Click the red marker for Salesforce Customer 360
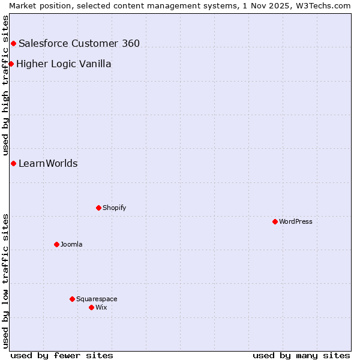(13, 43)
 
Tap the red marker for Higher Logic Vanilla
(11, 64)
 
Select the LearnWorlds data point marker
(13, 163)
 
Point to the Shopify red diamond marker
(98, 208)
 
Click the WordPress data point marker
(275, 221)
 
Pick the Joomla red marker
(56, 244)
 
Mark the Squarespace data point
(72, 299)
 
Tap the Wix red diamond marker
(91, 307)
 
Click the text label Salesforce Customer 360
(79, 43)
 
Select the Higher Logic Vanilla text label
(64, 64)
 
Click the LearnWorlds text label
(48, 163)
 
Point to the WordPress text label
(296, 221)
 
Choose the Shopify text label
(114, 208)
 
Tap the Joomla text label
(71, 244)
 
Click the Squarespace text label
(97, 299)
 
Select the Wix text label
(101, 307)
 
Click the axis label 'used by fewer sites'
(62, 355)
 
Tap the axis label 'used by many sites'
(301, 355)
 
